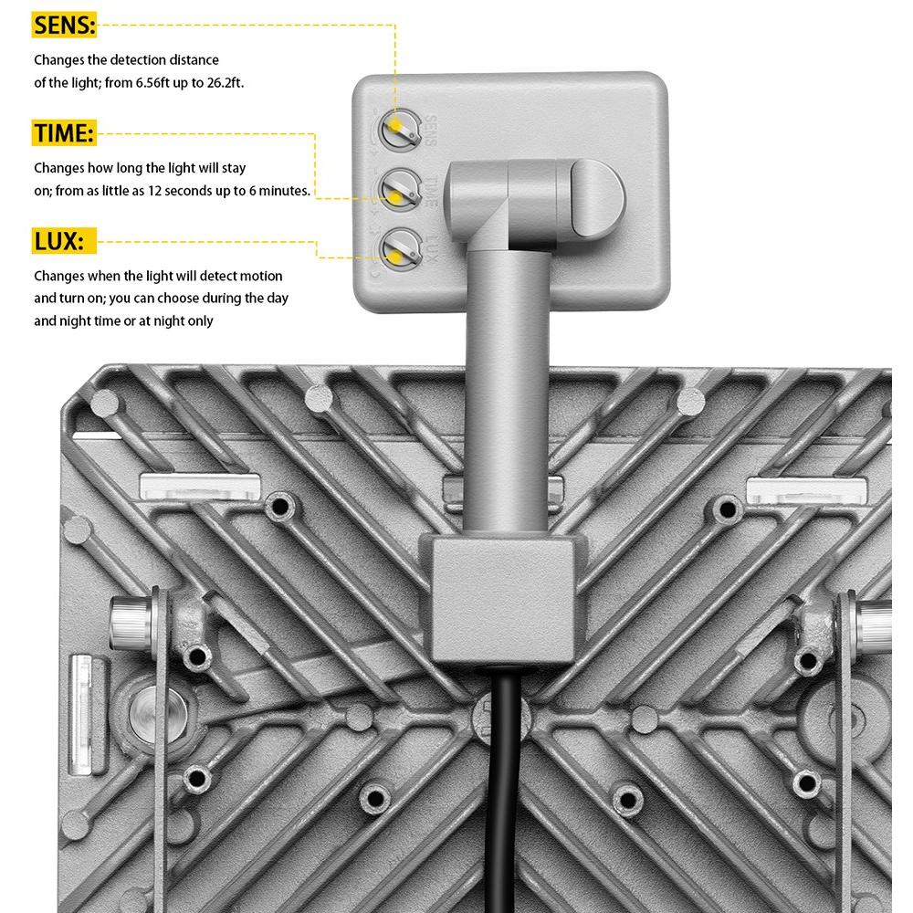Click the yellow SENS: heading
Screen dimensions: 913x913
(64, 26)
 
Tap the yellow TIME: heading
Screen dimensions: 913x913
(64, 133)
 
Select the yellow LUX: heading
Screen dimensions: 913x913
(58, 242)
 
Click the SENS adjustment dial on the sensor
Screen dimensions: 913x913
(397, 129)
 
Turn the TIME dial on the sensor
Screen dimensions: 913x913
(397, 189)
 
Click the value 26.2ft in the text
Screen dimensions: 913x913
(221, 81)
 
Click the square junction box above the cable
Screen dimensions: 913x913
(502, 598)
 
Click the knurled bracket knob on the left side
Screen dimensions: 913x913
(128, 623)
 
